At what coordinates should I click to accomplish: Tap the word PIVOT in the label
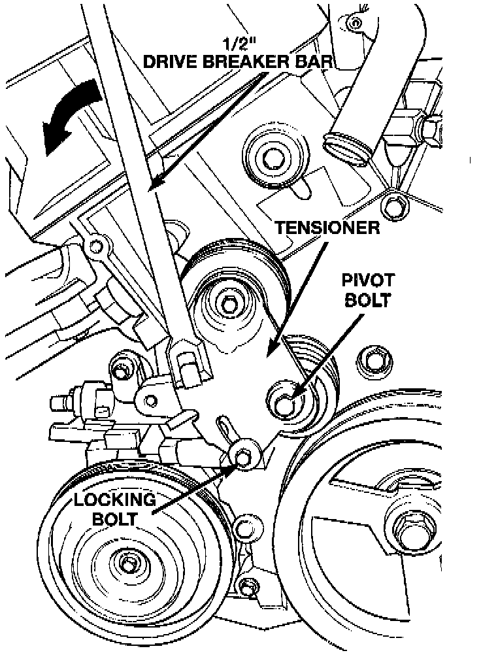[368, 281]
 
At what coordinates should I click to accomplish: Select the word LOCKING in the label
[114, 500]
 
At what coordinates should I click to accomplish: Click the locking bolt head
[244, 458]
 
